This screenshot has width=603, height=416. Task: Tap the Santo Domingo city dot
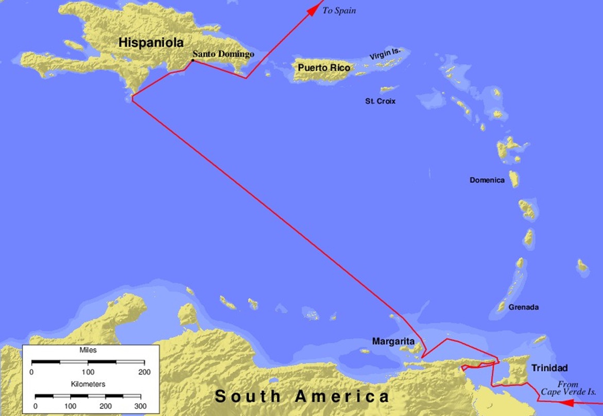[x=193, y=61]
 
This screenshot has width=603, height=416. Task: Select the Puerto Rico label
[x=324, y=68]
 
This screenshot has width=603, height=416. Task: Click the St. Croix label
[x=381, y=101]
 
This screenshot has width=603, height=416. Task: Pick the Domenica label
[x=487, y=180]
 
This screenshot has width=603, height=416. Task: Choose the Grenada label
[x=524, y=307]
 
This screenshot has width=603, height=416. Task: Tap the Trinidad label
[x=549, y=368]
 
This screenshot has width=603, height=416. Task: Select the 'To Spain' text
[x=339, y=10]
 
